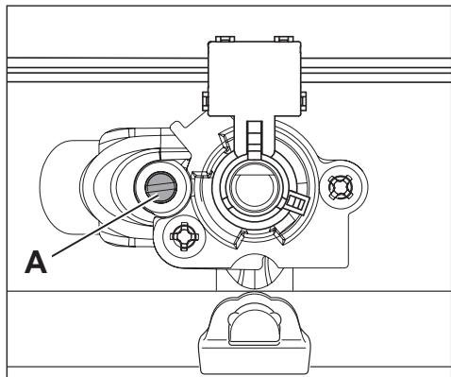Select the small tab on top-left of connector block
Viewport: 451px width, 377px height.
223,40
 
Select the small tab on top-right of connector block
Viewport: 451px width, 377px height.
280,40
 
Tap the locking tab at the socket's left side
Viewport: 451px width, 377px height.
200,175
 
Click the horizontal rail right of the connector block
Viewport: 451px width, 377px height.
377,69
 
